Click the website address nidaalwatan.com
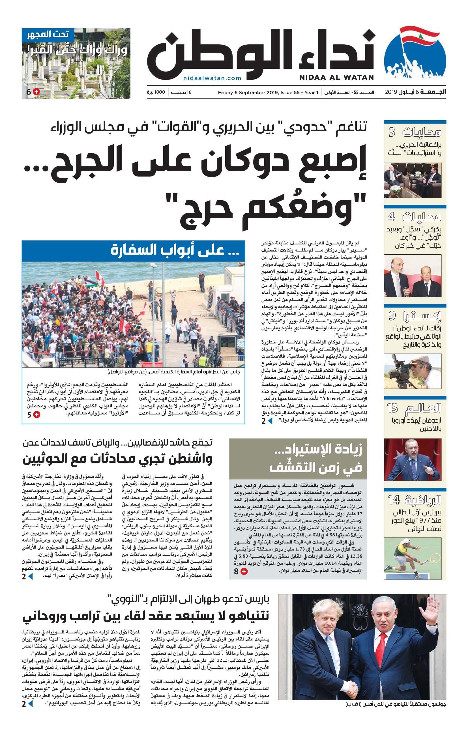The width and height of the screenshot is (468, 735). pyautogui.click(x=212, y=78)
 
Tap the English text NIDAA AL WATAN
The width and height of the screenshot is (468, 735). pyautogui.click(x=336, y=77)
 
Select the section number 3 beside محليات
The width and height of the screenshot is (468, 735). pyautogui.click(x=392, y=132)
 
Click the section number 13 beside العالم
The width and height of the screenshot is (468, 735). pyautogui.click(x=393, y=408)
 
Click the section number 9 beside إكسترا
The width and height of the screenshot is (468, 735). pyautogui.click(x=392, y=316)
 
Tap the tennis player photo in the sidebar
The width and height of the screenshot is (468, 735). pyautogui.click(x=413, y=558)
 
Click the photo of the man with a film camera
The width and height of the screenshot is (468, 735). pyautogui.click(x=413, y=371)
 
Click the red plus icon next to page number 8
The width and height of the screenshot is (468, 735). pyautogui.click(x=244, y=571)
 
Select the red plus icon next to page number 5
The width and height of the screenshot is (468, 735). pyautogui.click(x=37, y=414)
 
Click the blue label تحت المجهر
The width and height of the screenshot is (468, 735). pyautogui.click(x=48, y=34)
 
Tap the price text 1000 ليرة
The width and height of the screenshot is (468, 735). pyautogui.click(x=156, y=92)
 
